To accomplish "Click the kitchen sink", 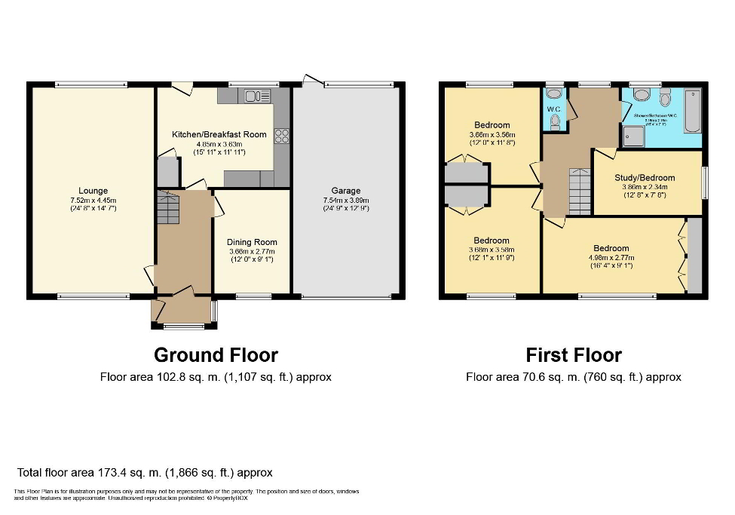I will tap(257, 96).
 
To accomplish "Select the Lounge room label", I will tap(93, 191).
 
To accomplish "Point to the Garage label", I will tap(346, 191).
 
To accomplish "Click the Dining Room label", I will tap(252, 243).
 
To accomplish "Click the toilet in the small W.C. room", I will tap(555, 120).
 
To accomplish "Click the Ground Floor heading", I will tap(216, 354).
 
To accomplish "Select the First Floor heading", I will tap(574, 354).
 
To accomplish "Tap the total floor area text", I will tap(145, 473).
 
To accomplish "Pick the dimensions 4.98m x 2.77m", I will tap(611, 257).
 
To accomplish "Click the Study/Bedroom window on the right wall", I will tap(705, 182).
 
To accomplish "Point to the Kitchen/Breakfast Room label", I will tap(219, 134).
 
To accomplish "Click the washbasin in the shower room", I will tap(642, 95).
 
